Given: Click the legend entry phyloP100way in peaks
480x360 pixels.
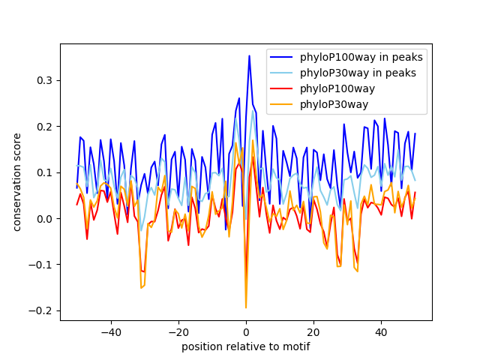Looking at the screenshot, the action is pyautogui.click(x=361, y=57).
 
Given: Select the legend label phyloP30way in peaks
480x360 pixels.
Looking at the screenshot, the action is pyautogui.click(x=358, y=73).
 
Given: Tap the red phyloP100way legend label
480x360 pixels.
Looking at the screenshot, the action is pyautogui.click(x=337, y=88).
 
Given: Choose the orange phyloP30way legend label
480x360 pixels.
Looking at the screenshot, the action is pyautogui.click(x=334, y=104).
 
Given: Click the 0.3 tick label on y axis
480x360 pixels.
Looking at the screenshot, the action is pyautogui.click(x=45, y=80).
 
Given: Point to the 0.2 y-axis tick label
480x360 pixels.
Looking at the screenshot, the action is pyautogui.click(x=45, y=127).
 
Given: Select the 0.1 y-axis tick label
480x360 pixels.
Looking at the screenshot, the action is pyautogui.click(x=45, y=172).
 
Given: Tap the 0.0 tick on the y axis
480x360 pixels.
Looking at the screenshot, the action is pyautogui.click(x=45, y=219).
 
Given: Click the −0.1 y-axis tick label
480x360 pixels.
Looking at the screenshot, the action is pyautogui.click(x=40, y=265).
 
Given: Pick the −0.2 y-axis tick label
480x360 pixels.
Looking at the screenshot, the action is pyautogui.click(x=40, y=311).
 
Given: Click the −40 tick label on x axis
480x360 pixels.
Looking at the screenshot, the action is pyautogui.click(x=111, y=332).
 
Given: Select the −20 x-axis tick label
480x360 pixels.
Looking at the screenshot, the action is pyautogui.click(x=178, y=332).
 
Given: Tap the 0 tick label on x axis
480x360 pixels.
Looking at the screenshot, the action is pyautogui.click(x=246, y=332).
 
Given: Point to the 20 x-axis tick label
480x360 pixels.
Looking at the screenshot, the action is pyautogui.click(x=313, y=332).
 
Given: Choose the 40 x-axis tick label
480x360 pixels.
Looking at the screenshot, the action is pyautogui.click(x=381, y=332).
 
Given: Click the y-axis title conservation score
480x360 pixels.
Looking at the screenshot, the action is pyautogui.click(x=17, y=182).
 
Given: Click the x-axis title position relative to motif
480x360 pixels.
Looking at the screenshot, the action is pyautogui.click(x=246, y=346).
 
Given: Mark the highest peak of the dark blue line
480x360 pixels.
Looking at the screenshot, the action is pyautogui.click(x=249, y=55).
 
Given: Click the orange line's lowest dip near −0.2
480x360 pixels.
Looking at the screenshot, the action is pyautogui.click(x=246, y=307).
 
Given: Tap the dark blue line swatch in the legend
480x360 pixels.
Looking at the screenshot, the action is pyautogui.click(x=281, y=57).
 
